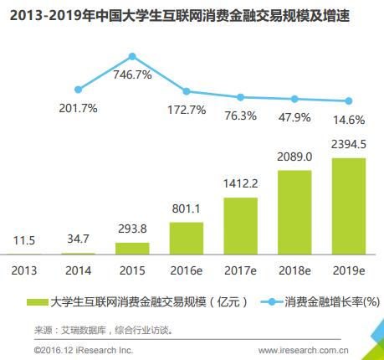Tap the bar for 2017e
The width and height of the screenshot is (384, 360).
pyautogui.click(x=240, y=225)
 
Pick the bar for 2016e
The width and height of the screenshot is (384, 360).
pyautogui.click(x=186, y=238)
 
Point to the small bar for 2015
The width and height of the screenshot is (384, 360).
pyautogui.click(x=132, y=248)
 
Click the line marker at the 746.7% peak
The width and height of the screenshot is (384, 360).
pyautogui.click(x=132, y=56)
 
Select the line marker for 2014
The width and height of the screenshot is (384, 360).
pyautogui.click(x=78, y=89)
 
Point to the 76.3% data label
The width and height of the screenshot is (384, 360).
pyautogui.click(x=240, y=116)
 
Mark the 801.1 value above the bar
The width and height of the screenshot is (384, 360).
pyautogui.click(x=186, y=209)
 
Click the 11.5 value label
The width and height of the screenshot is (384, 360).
pyautogui.click(x=24, y=240)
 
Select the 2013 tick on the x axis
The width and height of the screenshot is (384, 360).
pyautogui.click(x=24, y=270)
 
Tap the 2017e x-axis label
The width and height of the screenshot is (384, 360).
pyautogui.click(x=240, y=270)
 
